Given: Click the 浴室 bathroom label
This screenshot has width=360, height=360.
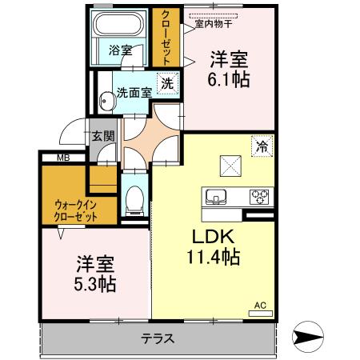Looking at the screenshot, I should (122, 50).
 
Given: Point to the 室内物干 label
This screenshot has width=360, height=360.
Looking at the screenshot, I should (210, 23).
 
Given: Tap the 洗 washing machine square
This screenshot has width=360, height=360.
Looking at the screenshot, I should (167, 82).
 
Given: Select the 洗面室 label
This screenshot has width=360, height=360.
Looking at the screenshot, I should (134, 91).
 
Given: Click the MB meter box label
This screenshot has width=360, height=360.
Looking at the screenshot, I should (62, 158).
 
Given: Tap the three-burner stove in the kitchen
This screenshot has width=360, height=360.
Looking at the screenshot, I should (261, 196).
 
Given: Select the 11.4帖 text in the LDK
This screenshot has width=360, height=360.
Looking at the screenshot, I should (213, 258).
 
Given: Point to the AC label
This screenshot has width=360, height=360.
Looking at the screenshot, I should (260, 305).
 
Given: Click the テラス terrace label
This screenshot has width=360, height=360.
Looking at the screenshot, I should (158, 338).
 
